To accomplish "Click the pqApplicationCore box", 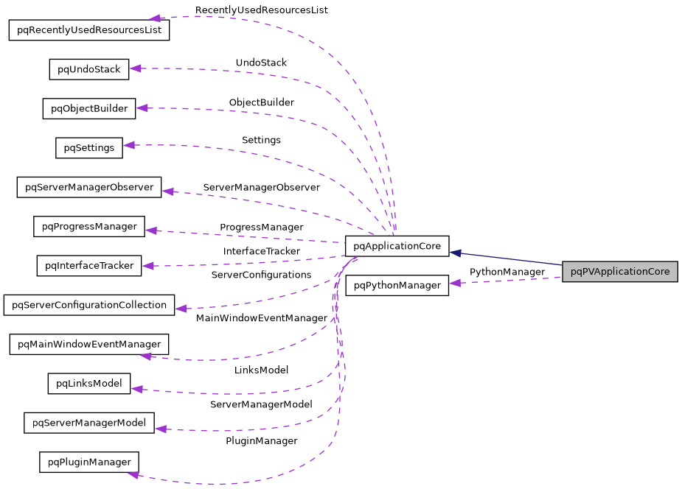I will [x=397, y=246].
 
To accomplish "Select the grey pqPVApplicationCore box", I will [x=619, y=272].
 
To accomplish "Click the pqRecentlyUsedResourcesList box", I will [x=89, y=30].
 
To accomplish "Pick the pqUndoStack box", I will [x=89, y=69].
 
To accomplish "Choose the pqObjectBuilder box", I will [x=89, y=109].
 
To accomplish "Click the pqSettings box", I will [x=89, y=148].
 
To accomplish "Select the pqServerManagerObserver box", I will [x=89, y=187].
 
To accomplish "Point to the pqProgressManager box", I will [x=89, y=226].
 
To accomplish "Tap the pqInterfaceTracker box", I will [x=89, y=265].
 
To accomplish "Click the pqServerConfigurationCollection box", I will [x=89, y=305].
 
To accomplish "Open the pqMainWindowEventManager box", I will [x=89, y=344].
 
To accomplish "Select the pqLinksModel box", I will [x=89, y=383].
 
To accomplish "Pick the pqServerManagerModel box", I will [x=89, y=423].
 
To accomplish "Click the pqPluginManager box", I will [x=89, y=462].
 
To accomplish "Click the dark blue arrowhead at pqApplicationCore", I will [x=456, y=253].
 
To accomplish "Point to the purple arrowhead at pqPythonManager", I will [x=456, y=283].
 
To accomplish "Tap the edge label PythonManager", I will [x=507, y=272].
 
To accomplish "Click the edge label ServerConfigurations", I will [x=261, y=275].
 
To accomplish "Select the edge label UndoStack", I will [x=261, y=63].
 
